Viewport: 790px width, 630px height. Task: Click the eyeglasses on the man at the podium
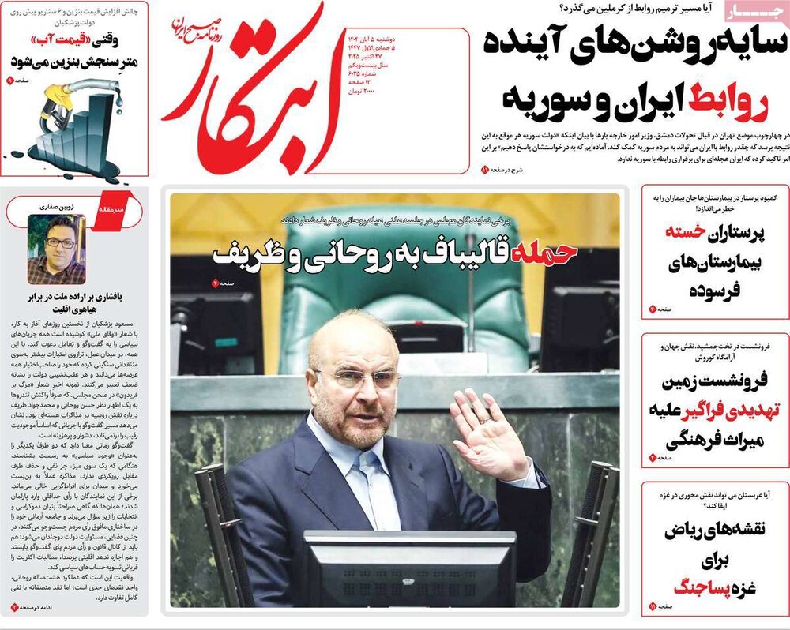[x=356, y=378]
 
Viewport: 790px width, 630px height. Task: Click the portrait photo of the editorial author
[x=56, y=249]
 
